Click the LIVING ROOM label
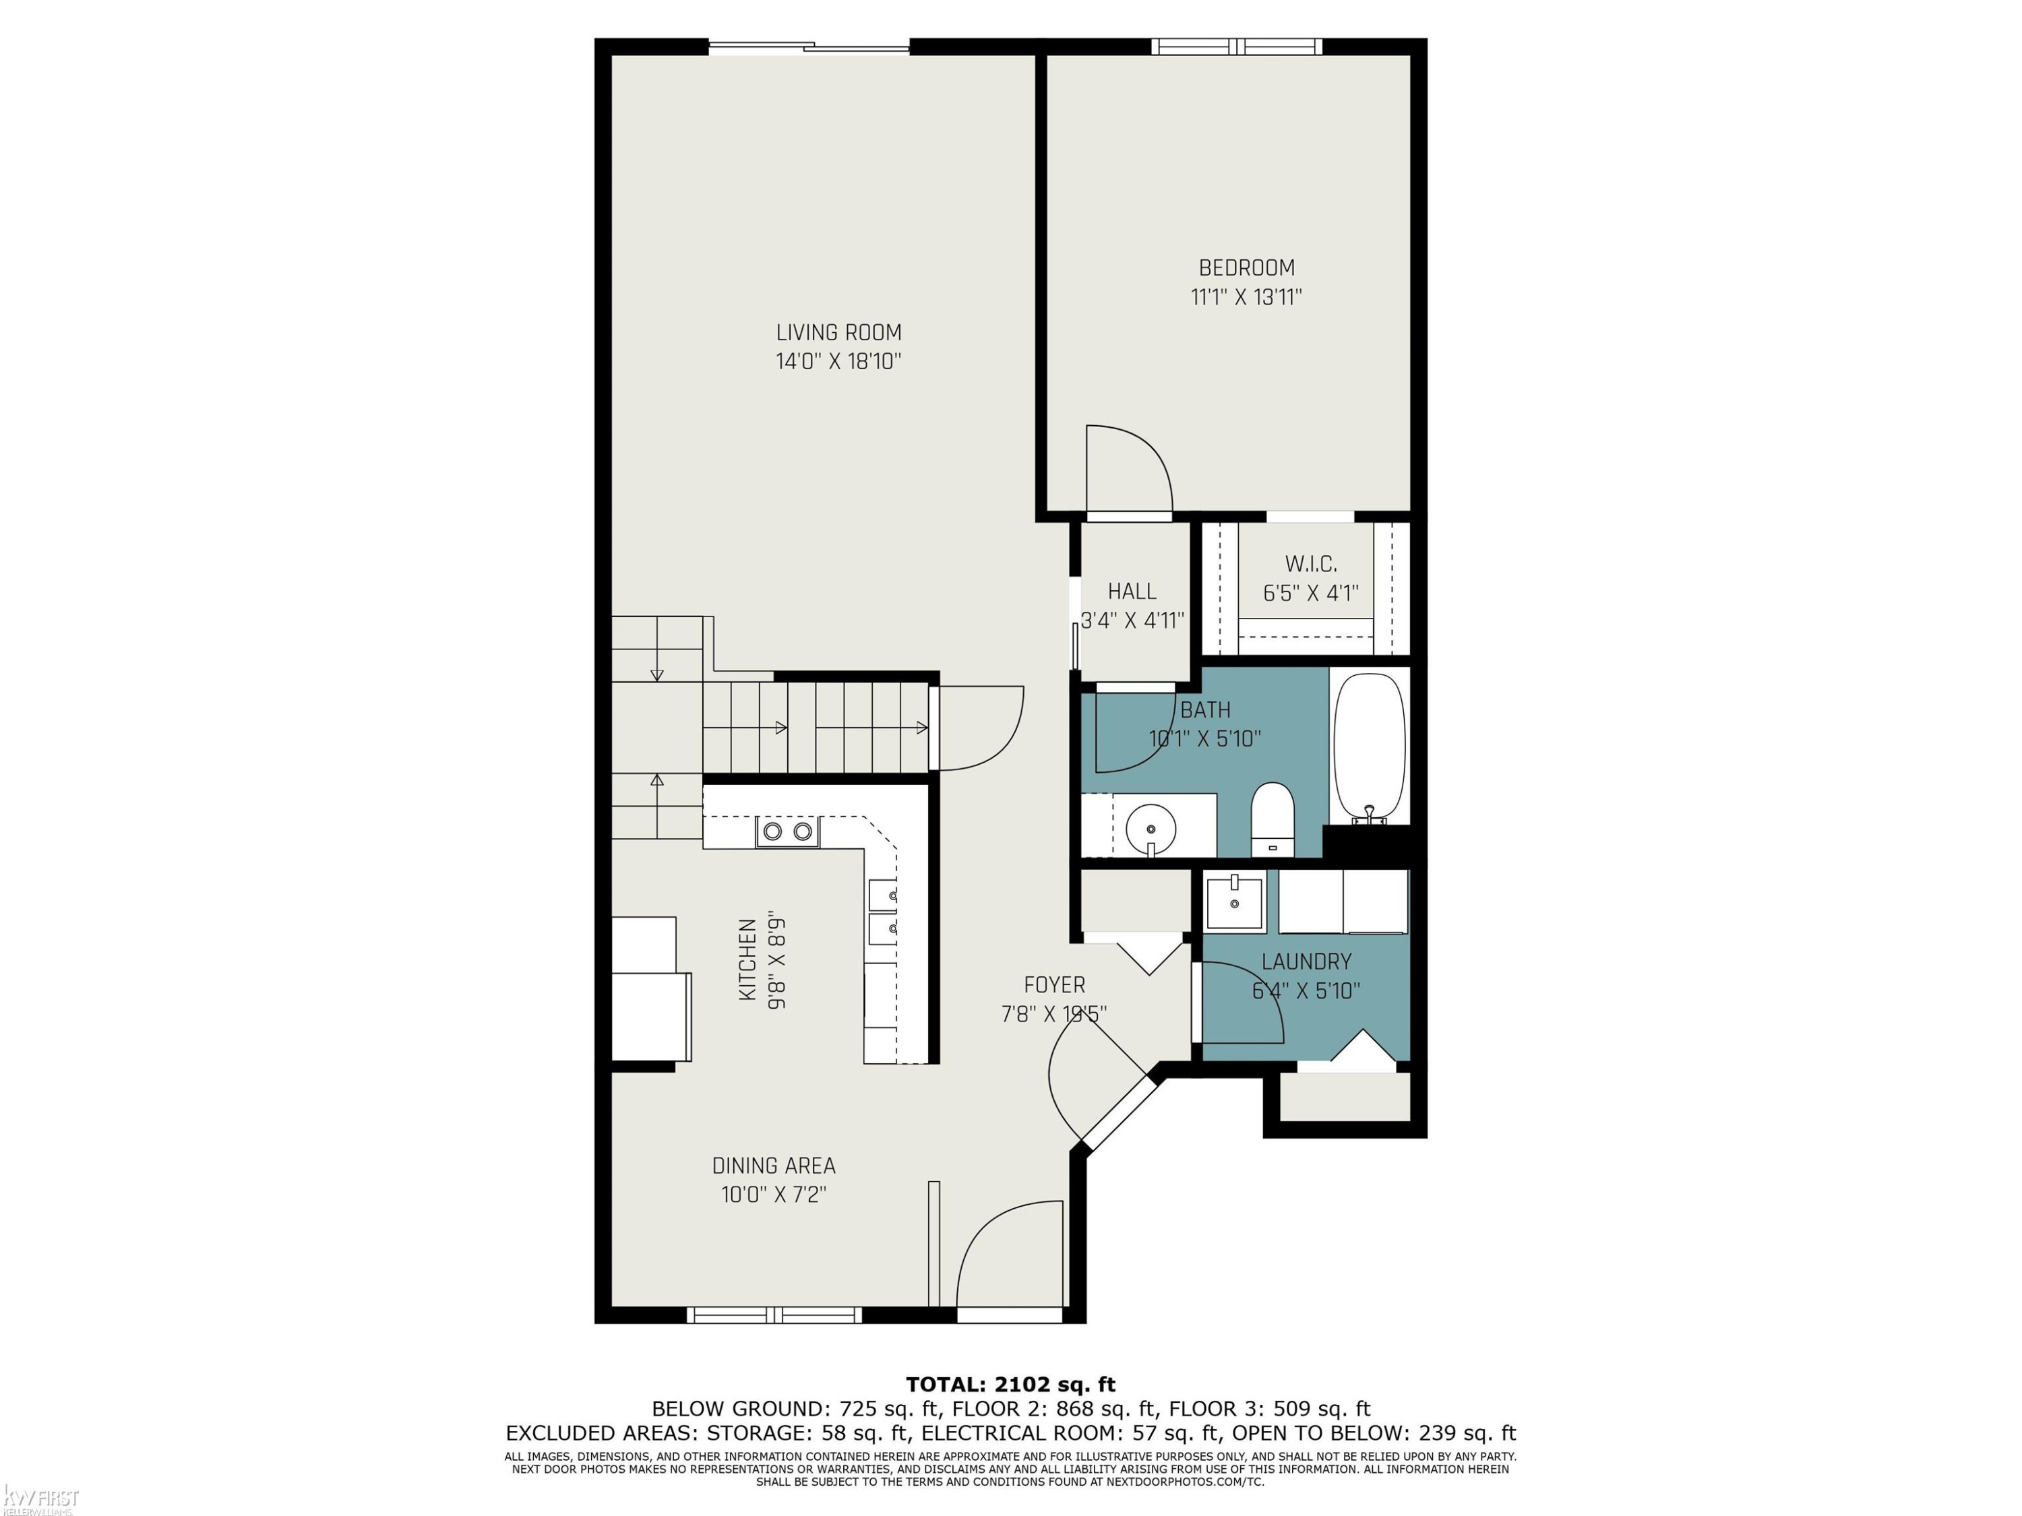(x=838, y=333)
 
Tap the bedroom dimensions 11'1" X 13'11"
(x=1246, y=297)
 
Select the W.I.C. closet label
(x=1311, y=564)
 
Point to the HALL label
(x=1132, y=591)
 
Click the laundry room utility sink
(x=1234, y=902)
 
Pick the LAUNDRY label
(x=1306, y=961)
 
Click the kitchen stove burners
(x=788, y=831)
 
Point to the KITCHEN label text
(x=747, y=959)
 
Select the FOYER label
(x=1054, y=985)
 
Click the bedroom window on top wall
(x=1236, y=46)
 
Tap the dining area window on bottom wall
(x=774, y=1315)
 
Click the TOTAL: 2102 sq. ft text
(x=1010, y=1385)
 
